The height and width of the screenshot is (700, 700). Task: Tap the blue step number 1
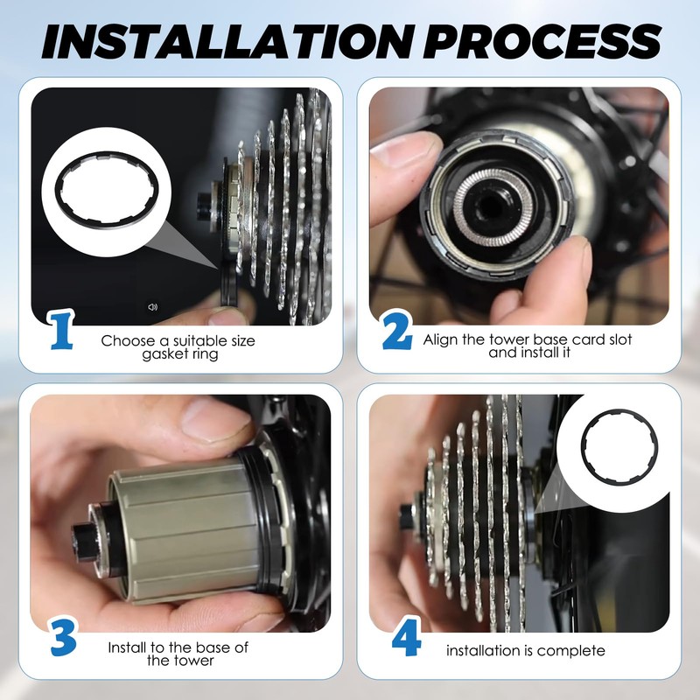[61, 331]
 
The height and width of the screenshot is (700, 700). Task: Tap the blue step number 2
[397, 331]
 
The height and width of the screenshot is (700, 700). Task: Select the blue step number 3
[63, 637]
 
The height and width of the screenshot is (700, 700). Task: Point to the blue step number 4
[406, 637]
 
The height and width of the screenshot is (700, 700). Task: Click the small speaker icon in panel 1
[152, 307]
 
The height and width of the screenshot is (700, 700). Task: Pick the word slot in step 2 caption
[617, 339]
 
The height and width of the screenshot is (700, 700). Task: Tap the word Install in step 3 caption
[128, 647]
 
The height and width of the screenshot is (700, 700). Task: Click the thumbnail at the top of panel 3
[212, 420]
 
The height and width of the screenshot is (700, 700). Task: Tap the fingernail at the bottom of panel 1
[228, 316]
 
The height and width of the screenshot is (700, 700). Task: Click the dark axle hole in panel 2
[490, 206]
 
